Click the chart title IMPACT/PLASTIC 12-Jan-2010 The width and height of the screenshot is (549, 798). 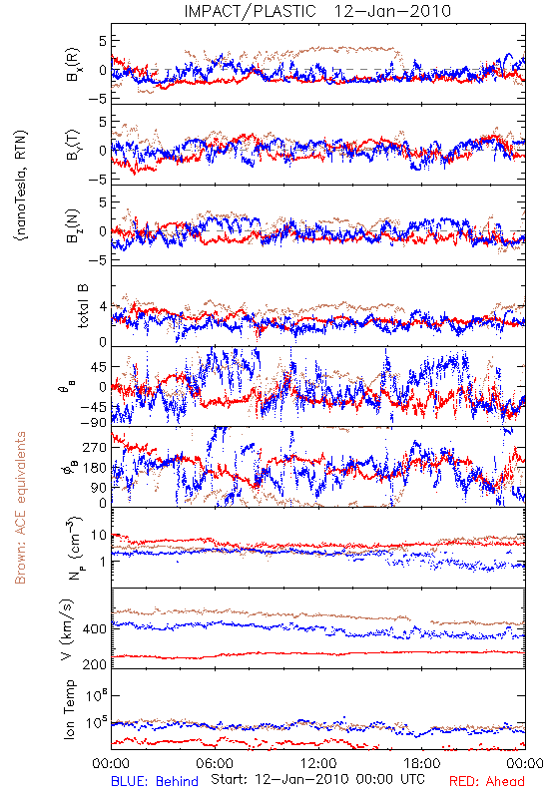pos(317,11)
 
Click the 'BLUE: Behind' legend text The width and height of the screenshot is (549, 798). pos(155,782)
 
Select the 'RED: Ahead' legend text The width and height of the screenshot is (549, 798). pos(486,782)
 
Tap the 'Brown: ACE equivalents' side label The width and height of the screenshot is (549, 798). pos(20,508)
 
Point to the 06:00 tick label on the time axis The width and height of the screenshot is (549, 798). pos(215,763)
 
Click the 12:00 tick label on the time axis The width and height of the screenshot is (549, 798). pos(318,763)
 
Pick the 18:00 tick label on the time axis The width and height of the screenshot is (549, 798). pos(422,763)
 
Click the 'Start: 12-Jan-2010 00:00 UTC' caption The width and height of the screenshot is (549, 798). pos(317,779)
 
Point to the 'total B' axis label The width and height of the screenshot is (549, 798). pos(82,306)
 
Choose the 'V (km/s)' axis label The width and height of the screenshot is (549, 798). pos(67,629)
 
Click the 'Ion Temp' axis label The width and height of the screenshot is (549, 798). pos(69,709)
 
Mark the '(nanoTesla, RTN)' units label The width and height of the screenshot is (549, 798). pos(21,186)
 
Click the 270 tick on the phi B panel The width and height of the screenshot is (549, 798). pos(95,447)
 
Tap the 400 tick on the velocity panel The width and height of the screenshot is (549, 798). pos(95,629)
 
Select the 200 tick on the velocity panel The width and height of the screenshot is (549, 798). pos(95,664)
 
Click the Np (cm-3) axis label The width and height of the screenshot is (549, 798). pos(74,548)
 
